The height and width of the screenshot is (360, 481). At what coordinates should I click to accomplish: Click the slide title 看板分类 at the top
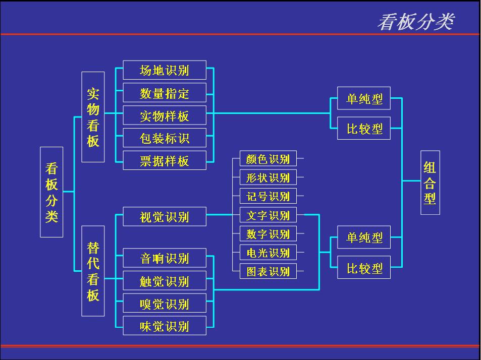click(415, 22)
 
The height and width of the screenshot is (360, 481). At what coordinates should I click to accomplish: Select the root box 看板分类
click(51, 192)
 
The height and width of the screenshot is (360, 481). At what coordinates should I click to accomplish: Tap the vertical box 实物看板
click(93, 117)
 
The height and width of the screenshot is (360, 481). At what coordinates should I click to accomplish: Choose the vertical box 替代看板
click(93, 271)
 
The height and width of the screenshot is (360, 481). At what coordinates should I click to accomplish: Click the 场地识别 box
click(165, 70)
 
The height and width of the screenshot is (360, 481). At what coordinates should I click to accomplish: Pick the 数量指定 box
click(165, 93)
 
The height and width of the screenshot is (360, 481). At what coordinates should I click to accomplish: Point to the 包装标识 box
click(165, 138)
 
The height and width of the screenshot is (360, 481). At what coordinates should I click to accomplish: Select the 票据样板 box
click(165, 160)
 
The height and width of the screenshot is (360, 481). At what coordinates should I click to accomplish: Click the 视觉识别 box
click(165, 217)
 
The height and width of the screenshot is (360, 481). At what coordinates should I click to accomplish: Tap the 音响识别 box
click(165, 258)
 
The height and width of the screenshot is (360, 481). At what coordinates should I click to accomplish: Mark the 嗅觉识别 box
click(165, 304)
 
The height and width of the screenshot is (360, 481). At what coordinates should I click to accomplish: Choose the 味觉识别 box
click(165, 326)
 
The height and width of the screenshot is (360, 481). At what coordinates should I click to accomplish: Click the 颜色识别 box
click(268, 159)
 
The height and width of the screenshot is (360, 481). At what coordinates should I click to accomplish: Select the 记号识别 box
click(268, 196)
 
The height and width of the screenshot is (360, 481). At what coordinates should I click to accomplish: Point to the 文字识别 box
click(268, 215)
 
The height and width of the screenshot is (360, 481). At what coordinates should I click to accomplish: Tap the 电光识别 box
click(268, 252)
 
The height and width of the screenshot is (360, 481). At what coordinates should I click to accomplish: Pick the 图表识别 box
click(268, 271)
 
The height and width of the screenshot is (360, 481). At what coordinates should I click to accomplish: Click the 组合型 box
click(430, 183)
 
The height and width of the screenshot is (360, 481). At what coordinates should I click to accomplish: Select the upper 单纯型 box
click(364, 99)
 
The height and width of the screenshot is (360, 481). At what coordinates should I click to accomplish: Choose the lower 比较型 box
click(364, 268)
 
